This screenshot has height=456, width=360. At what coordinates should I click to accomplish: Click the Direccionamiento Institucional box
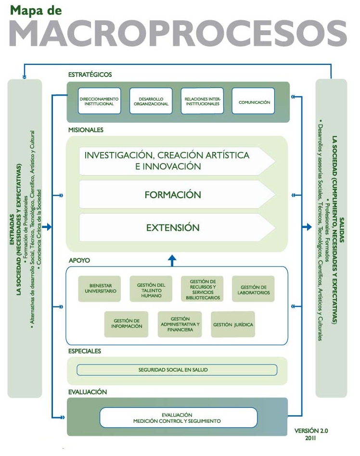[x=99, y=101]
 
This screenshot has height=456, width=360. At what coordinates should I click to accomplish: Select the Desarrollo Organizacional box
[x=150, y=101]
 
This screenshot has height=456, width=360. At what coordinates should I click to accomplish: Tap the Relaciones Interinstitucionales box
[x=202, y=101]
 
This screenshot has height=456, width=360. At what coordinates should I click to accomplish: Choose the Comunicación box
[x=253, y=101]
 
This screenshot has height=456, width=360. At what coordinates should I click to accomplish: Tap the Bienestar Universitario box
[x=100, y=289]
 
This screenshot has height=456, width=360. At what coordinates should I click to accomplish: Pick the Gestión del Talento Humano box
[x=151, y=289]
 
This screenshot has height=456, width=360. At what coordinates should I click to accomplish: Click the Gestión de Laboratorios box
[x=253, y=289]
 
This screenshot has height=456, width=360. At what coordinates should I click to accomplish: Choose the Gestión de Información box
[x=127, y=324]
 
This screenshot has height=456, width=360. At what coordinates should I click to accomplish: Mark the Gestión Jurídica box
[x=233, y=324]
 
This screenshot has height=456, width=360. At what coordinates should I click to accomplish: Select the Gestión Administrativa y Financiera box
[x=180, y=324]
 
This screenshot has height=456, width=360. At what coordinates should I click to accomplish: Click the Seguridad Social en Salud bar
[x=177, y=370]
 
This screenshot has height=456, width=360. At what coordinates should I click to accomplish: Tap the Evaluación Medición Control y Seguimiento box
[x=177, y=418]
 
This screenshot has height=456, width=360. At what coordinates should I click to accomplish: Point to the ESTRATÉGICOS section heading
[x=90, y=75]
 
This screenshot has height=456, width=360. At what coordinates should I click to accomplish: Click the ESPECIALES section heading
[x=85, y=351]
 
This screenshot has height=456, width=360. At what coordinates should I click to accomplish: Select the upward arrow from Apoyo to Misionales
[x=172, y=260]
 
